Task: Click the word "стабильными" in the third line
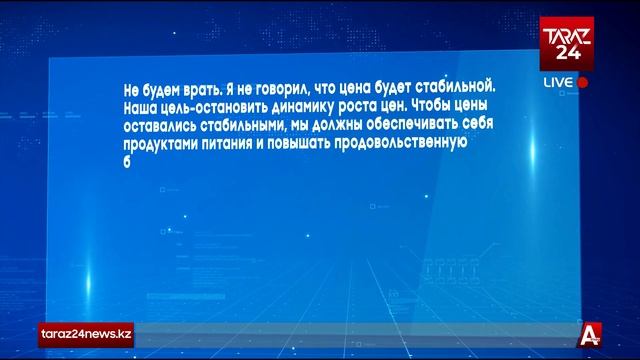[x=259, y=124]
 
